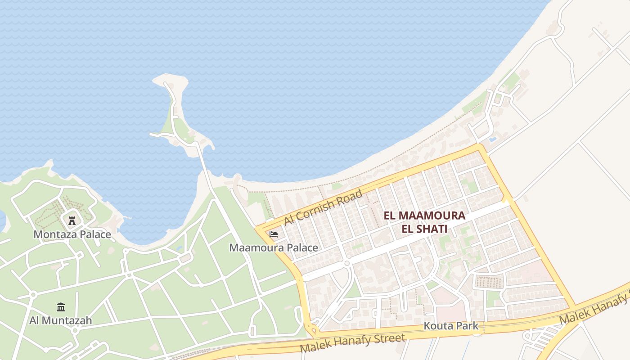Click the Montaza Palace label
click(x=72, y=234)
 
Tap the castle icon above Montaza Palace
click(x=72, y=220)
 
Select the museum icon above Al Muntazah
click(x=61, y=307)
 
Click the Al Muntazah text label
click(x=61, y=320)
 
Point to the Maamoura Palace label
click(x=274, y=248)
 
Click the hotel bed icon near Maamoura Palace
click(x=274, y=234)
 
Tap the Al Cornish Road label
click(x=323, y=207)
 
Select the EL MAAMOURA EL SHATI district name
click(x=424, y=222)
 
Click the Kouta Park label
click(x=451, y=326)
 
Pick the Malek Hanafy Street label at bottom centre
click(x=352, y=343)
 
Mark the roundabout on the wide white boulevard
click(x=347, y=263)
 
